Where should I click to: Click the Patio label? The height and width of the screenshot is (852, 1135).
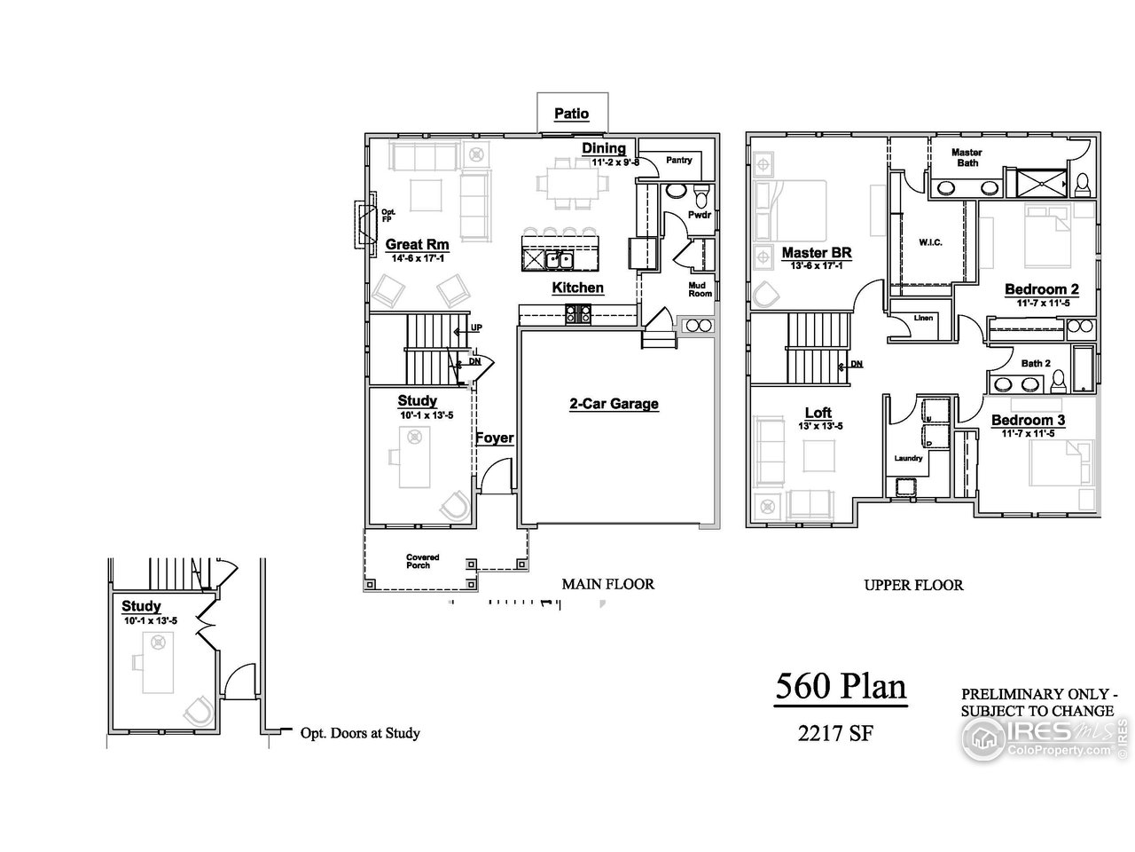(571, 114)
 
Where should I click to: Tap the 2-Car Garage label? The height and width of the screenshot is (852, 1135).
(614, 404)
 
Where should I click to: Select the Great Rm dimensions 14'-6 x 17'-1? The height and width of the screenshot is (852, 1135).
(418, 258)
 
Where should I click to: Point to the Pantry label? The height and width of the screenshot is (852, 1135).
(678, 161)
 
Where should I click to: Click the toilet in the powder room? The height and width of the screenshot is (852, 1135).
(701, 195)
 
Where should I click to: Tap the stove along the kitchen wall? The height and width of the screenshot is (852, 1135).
(577, 313)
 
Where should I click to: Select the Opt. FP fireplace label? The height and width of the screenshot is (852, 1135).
(387, 216)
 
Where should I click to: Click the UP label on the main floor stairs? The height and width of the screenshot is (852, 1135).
(476, 327)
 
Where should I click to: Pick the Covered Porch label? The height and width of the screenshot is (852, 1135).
(422, 561)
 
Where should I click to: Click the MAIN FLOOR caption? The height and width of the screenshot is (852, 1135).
(608, 585)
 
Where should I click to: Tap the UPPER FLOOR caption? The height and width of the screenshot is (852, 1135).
(913, 586)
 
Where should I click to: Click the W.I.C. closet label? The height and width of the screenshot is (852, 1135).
(930, 242)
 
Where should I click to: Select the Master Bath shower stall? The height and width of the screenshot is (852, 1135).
(1041, 183)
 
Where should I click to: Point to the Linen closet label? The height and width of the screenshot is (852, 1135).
(923, 318)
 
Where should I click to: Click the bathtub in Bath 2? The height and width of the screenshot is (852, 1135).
(1083, 369)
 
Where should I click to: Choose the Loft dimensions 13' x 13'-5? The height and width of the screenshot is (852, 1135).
(820, 426)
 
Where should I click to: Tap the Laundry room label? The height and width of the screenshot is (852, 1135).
(908, 458)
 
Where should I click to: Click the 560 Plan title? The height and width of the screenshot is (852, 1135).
(841, 686)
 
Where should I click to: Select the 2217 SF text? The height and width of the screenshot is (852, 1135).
(835, 734)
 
